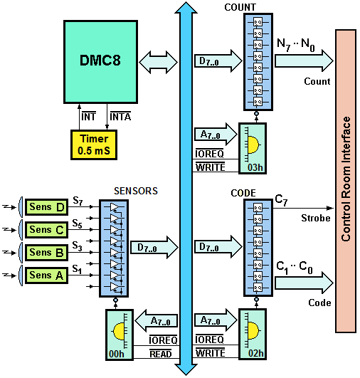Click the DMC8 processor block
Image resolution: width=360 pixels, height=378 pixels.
click(x=101, y=62)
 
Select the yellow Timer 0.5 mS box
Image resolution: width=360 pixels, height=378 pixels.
click(x=94, y=145)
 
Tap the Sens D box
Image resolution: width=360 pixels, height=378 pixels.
click(x=46, y=207)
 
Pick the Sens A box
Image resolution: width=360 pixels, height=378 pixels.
click(x=46, y=275)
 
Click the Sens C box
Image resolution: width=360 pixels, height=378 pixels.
click(x=46, y=230)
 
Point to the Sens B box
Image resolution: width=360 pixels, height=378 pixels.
click(x=46, y=253)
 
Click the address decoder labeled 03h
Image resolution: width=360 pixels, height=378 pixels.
click(x=253, y=148)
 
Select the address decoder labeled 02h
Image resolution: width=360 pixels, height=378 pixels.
click(x=253, y=335)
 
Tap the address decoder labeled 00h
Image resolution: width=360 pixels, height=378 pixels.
click(x=120, y=335)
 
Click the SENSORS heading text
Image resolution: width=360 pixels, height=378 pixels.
click(x=136, y=191)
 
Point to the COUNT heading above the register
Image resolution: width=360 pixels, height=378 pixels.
click(x=240, y=7)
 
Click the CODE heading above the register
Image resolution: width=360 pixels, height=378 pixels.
click(x=243, y=193)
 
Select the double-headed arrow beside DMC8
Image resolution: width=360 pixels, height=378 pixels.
click(x=159, y=62)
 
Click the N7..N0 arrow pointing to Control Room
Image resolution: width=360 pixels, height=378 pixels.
click(x=304, y=61)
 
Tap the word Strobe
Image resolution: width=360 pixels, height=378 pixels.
click(x=316, y=218)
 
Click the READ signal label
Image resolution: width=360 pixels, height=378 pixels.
click(x=161, y=354)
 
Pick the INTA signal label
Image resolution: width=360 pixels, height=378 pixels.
click(x=120, y=117)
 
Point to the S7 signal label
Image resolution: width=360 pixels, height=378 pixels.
click(x=78, y=201)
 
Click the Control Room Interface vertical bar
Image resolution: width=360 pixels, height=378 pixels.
click(x=346, y=182)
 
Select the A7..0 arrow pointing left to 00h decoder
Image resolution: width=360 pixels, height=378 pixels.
click(x=156, y=321)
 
